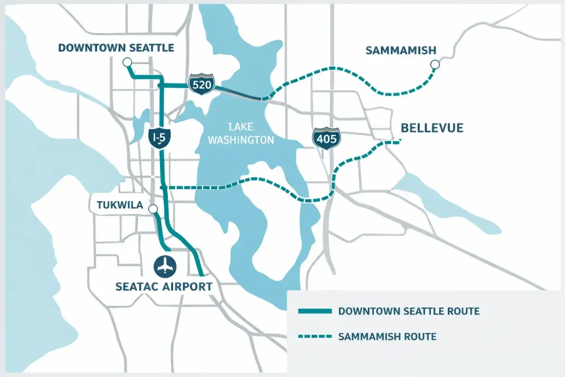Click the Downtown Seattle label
coord(116,48)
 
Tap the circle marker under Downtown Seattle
coord(127,62)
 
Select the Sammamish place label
coord(401,50)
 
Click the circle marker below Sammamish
coord(435,65)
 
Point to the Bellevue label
coord(431,129)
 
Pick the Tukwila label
coord(120,206)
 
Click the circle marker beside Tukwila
coord(153,209)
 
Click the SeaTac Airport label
coord(164,286)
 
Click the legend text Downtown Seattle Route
coord(409,311)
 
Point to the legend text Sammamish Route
coord(387,336)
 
